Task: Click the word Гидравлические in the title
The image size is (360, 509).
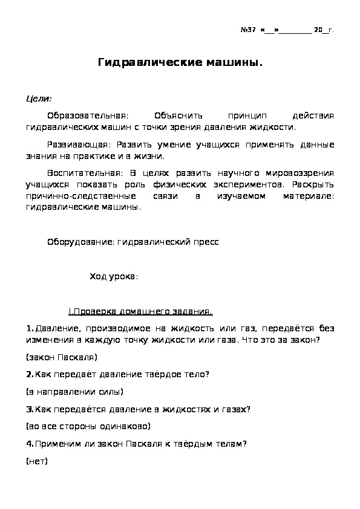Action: coord(142,63)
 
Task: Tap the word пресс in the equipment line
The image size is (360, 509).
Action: coord(206,242)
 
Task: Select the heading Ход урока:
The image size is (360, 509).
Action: coord(114,277)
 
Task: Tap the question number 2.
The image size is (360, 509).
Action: coord(30,374)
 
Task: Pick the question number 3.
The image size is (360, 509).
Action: coord(30,409)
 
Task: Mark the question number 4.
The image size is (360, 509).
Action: coord(30,443)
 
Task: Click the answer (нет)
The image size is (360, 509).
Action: coord(37,461)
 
